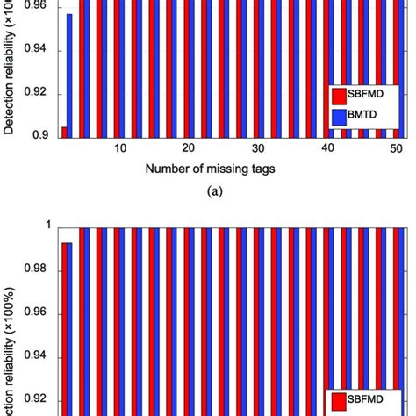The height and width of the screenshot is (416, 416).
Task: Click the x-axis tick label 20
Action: coord(189,149)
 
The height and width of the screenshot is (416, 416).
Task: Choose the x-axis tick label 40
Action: coord(326,149)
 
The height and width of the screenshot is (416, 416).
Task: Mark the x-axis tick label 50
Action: coord(394,149)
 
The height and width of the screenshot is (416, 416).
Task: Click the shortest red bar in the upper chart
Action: coord(64,132)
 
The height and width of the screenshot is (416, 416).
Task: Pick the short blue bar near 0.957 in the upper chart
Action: coord(70,75)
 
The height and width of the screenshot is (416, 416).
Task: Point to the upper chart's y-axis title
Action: coord(11,70)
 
